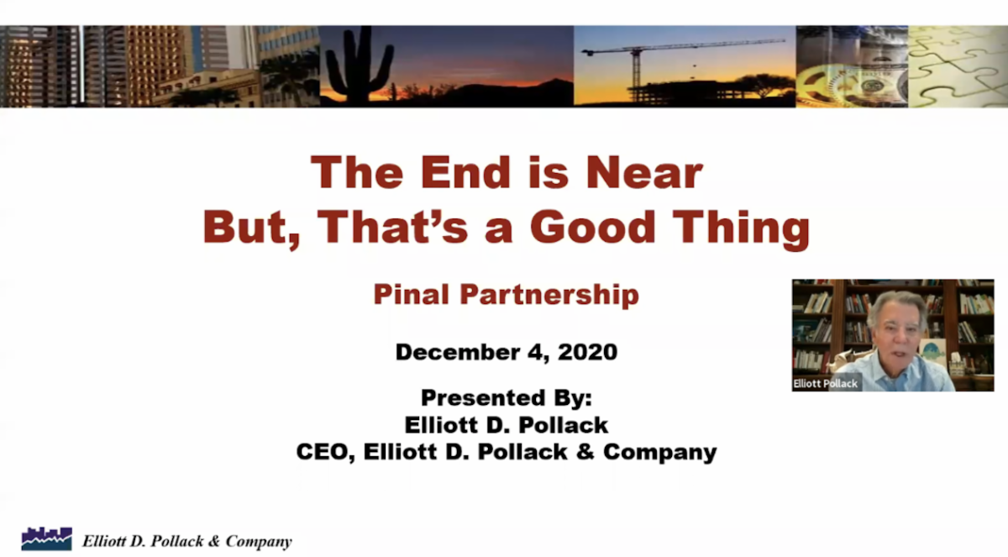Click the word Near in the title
644,172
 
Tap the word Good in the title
593,227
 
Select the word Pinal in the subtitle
412,294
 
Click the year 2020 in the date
588,352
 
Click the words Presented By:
507,397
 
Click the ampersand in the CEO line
585,452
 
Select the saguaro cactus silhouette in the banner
358,65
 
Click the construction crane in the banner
675,63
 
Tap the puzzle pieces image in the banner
958,66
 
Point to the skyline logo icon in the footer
47,539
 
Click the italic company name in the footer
186,541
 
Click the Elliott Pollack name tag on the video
825,384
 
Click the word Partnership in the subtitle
549,295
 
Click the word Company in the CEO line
660,453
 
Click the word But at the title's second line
250,228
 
